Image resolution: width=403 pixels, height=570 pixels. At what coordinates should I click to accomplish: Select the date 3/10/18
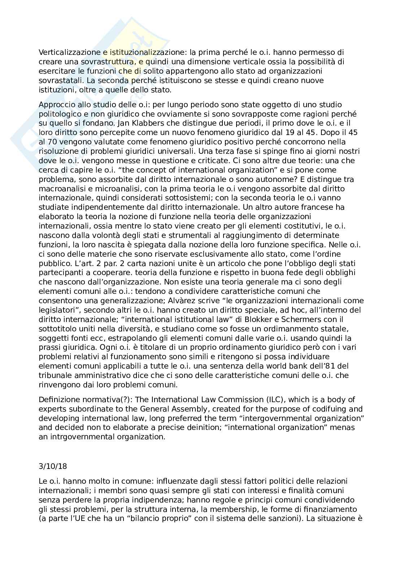[53, 466]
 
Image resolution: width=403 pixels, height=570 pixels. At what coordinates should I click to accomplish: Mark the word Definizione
[59, 400]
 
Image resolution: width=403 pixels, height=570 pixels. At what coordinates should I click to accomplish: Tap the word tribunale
[55, 376]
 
